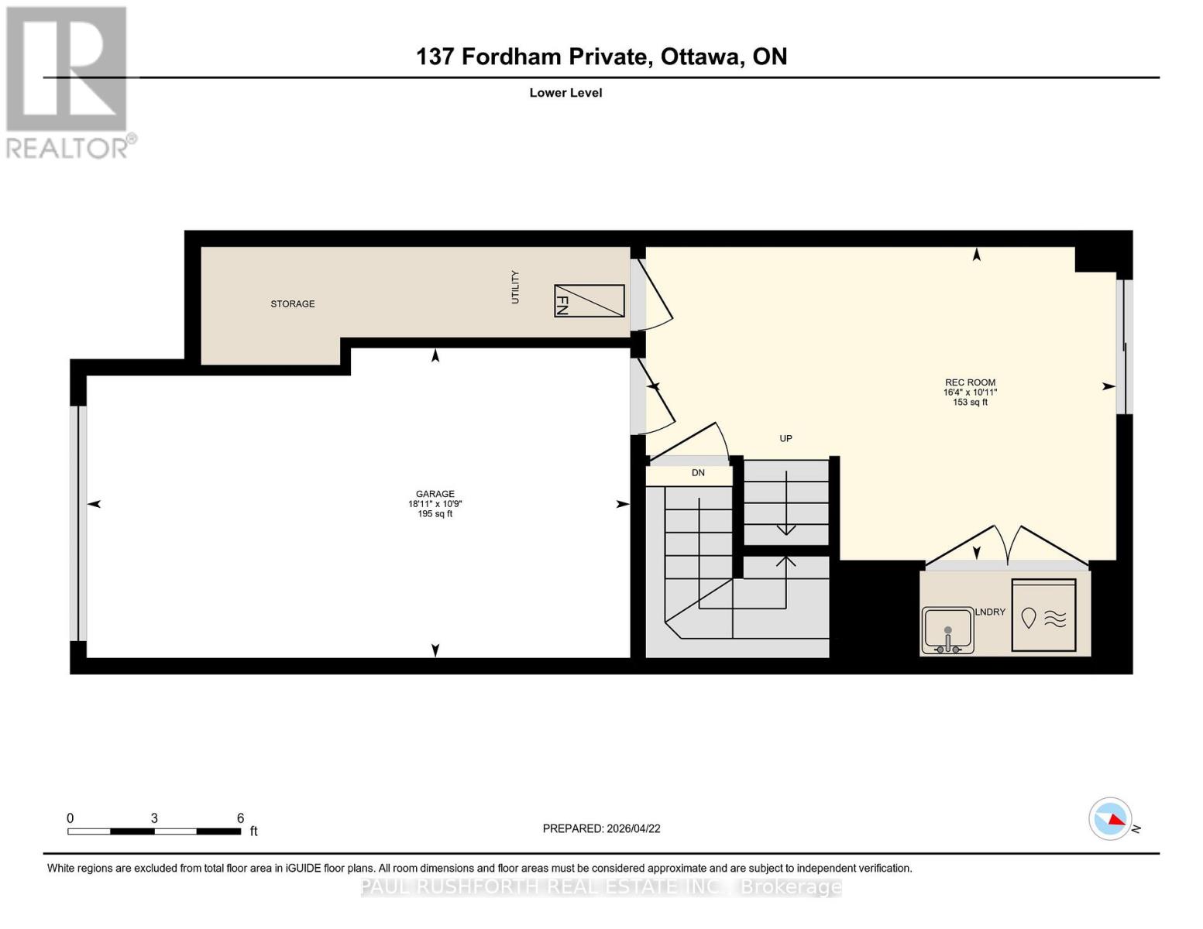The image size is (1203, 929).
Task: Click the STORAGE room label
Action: pos(292,304)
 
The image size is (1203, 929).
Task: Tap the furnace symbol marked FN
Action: pos(589,301)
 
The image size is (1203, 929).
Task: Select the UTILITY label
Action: pos(515,287)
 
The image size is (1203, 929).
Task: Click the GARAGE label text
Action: pos(435,494)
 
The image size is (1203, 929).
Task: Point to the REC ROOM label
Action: pos(970,382)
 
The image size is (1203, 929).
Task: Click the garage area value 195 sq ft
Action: pos(435,514)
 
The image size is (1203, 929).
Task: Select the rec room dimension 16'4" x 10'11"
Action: pos(970,393)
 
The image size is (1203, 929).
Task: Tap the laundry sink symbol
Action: pos(947,630)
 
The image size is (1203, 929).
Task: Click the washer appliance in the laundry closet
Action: pos(1043,615)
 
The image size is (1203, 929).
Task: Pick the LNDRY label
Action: pos(990,612)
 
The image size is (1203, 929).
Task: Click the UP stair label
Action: pos(785,438)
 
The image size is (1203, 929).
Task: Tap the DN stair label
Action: pos(698,473)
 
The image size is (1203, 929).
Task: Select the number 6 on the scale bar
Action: pos(240,818)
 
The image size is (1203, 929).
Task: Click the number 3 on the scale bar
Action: pos(155,818)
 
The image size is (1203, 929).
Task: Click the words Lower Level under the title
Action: pos(565,93)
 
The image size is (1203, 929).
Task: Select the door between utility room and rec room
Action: pos(652,294)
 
